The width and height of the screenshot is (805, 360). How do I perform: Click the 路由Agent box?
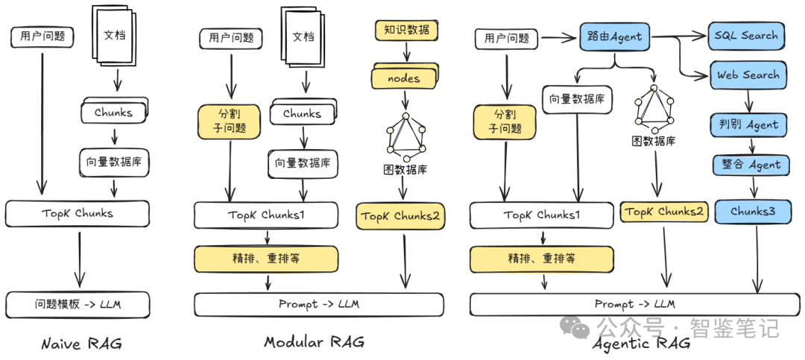pos(614,36)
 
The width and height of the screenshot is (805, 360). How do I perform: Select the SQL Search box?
pos(746,35)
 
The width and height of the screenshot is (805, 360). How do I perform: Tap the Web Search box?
pos(748,75)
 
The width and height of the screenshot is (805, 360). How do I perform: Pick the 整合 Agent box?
pos(750,165)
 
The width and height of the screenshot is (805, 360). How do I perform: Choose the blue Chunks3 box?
pos(752,212)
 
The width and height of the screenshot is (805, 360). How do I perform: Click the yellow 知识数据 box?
pos(405,31)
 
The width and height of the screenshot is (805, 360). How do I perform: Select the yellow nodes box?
pos(403,78)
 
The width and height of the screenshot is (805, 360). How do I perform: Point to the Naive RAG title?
pos(81,343)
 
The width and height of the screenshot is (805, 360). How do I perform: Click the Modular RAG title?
pos(314,342)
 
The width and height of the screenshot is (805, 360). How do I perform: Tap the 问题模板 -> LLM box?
pos(78,304)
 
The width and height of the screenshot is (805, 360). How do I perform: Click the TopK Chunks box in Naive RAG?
pos(78,213)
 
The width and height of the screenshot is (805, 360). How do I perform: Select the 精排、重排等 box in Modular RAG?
pos(266,259)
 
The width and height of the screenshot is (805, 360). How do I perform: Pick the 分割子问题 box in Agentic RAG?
pos(505,121)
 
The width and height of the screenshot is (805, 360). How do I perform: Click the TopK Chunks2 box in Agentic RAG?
pos(664,212)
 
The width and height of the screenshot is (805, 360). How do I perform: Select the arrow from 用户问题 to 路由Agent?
pos(558,37)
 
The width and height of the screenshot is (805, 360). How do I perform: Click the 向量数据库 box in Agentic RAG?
pos(577,99)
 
